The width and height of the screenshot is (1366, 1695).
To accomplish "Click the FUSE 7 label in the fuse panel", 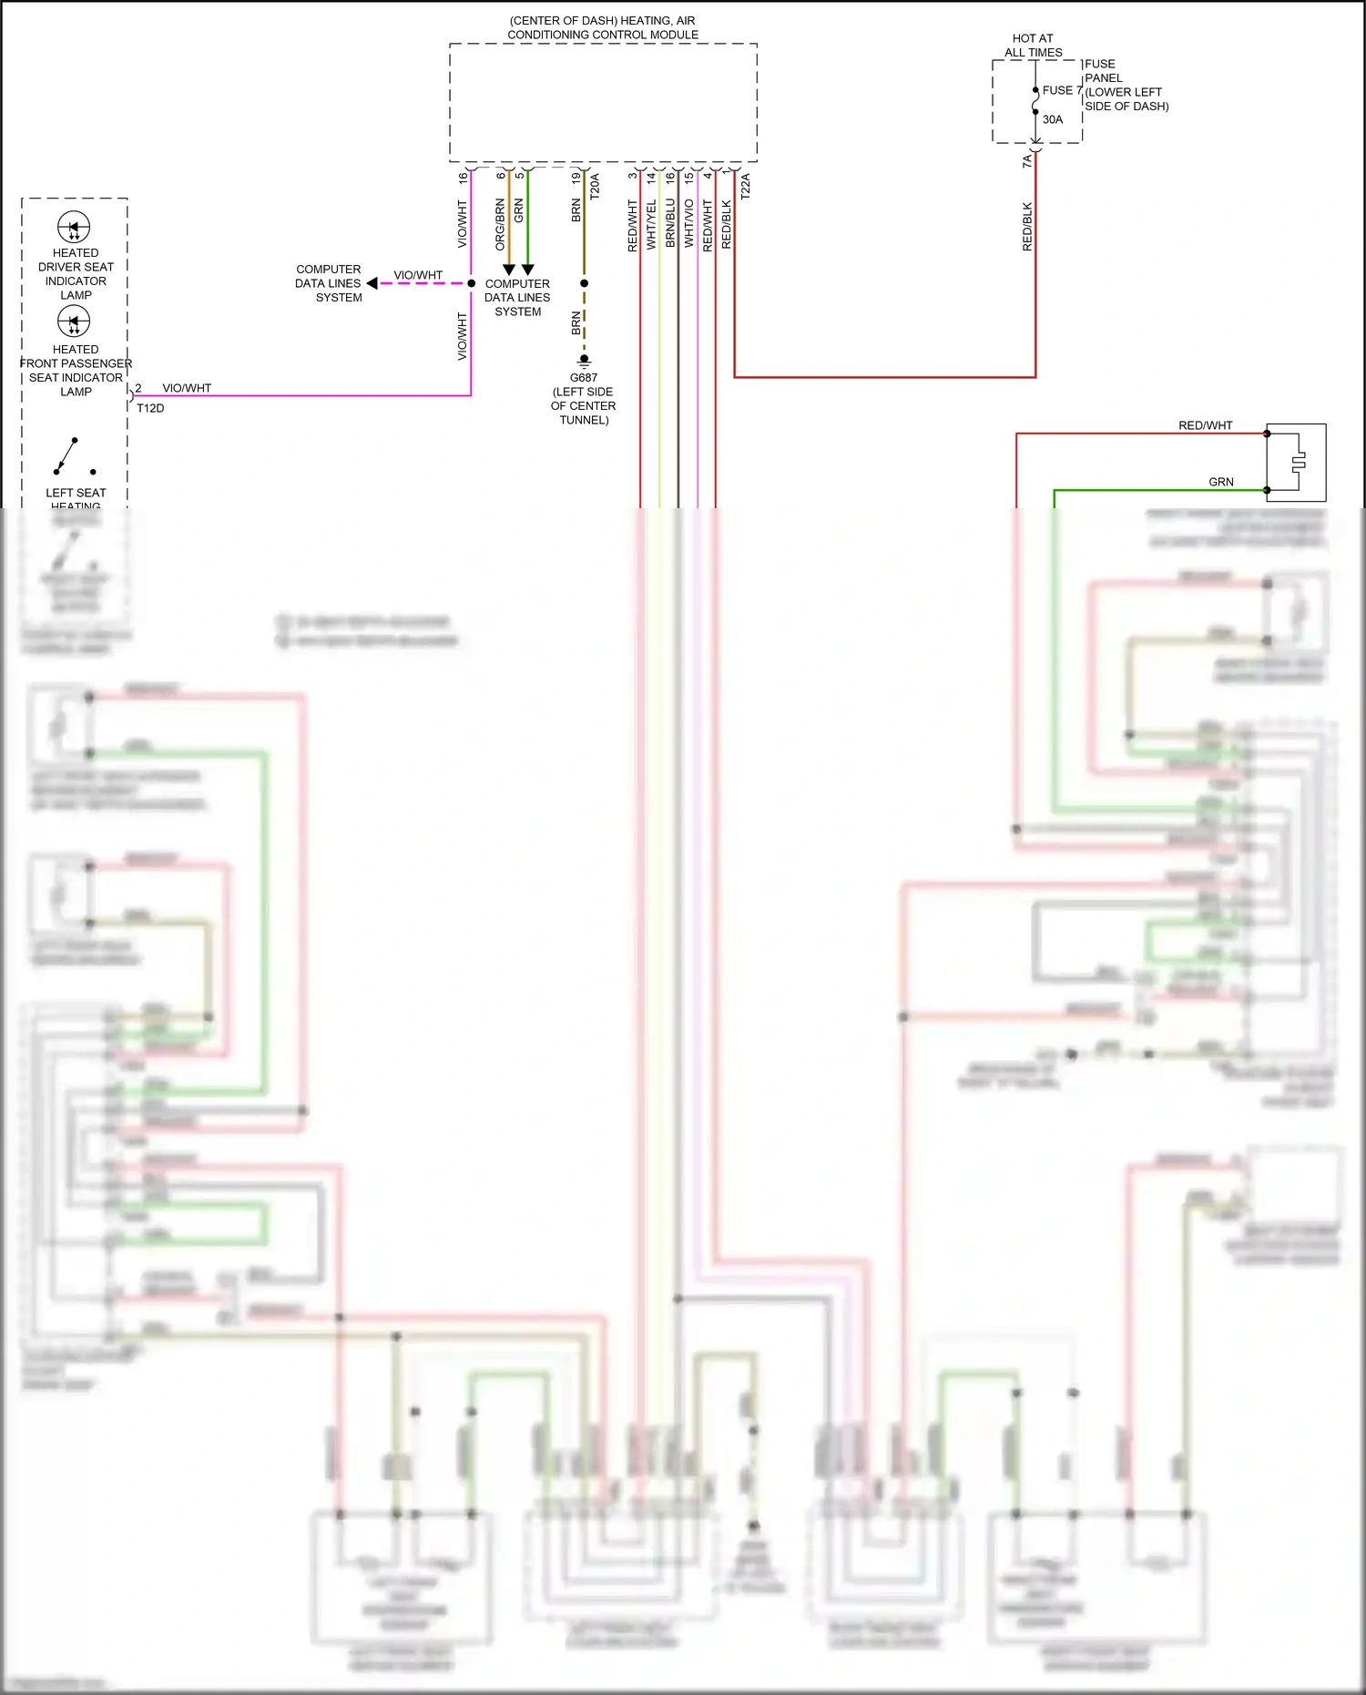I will (x=1061, y=90).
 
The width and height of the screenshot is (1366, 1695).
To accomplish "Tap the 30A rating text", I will (x=1053, y=119).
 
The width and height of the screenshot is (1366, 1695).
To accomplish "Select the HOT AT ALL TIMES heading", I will (x=1033, y=46).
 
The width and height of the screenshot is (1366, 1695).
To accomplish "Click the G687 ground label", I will (x=584, y=377).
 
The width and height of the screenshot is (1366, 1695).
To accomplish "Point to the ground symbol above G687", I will (x=584, y=362).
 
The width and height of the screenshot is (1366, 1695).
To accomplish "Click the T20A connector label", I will (x=595, y=186).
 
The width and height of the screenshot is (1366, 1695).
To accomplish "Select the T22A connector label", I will (x=745, y=186).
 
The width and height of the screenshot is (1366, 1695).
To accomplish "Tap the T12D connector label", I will (x=150, y=408).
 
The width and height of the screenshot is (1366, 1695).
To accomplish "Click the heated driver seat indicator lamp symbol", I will (x=74, y=227).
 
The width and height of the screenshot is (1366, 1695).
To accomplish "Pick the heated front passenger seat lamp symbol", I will (x=74, y=321).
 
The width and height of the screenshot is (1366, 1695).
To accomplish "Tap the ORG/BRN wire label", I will (x=500, y=224).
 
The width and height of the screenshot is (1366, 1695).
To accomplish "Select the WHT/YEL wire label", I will (x=651, y=224).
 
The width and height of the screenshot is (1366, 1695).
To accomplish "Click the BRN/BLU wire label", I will (x=670, y=223).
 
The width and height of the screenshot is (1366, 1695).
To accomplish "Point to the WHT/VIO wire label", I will (x=689, y=223).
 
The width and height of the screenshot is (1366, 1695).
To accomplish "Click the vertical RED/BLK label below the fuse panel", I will (x=1027, y=227).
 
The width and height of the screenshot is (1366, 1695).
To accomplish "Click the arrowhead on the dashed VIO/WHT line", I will (x=372, y=283).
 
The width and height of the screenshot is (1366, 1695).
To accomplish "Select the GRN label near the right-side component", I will (x=1220, y=482).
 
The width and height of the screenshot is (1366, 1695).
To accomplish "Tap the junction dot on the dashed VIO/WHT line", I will (x=471, y=283).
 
